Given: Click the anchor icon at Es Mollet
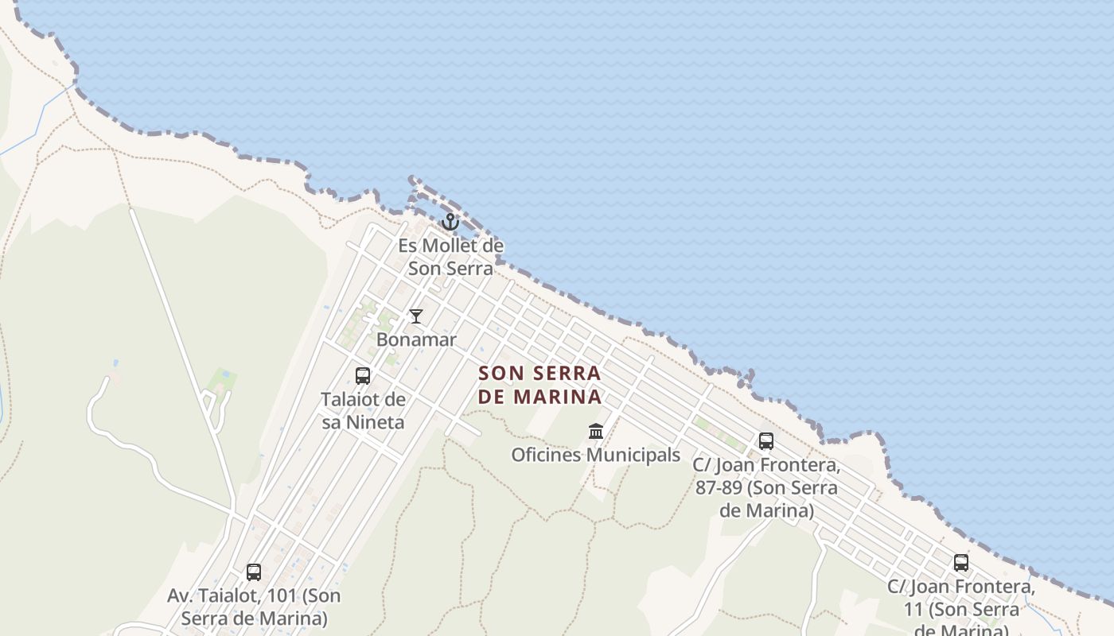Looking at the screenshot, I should [x=450, y=222].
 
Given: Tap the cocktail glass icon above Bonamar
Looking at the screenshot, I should [x=416, y=316].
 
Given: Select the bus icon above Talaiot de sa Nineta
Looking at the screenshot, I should [x=363, y=376].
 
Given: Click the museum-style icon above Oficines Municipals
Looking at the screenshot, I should [x=596, y=432].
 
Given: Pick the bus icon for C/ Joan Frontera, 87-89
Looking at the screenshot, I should [x=766, y=440].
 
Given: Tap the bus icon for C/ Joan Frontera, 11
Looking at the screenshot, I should [x=961, y=563].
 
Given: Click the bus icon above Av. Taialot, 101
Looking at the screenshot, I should [x=254, y=572].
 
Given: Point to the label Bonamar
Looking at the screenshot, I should [x=416, y=339].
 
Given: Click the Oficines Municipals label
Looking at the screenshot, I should [x=596, y=455].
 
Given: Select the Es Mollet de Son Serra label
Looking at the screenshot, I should [x=450, y=257].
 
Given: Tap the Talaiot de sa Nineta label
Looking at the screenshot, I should [x=363, y=410].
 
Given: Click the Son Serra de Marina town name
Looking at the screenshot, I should [x=539, y=384].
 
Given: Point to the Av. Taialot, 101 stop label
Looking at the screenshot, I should [x=254, y=607].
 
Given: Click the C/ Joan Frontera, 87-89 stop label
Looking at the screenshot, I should [x=766, y=487].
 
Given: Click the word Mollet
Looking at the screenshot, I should [x=450, y=246].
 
